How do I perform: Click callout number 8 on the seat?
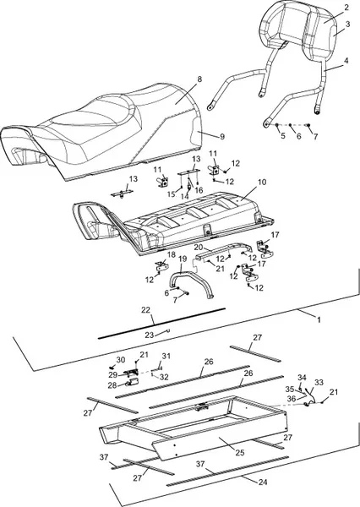pyautogui.click(x=199, y=79)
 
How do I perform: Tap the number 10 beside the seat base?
pyautogui.click(x=262, y=183)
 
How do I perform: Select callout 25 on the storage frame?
pyautogui.click(x=240, y=453)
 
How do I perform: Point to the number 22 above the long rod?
pyautogui.click(x=146, y=310)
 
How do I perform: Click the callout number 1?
pyautogui.click(x=319, y=319)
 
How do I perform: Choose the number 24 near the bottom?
pyautogui.click(x=263, y=482)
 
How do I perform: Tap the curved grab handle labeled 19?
pyautogui.click(x=191, y=284)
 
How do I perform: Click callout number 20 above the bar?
pyautogui.click(x=199, y=248)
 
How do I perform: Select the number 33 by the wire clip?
pyautogui.click(x=319, y=383)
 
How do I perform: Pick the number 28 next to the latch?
pyautogui.click(x=112, y=385)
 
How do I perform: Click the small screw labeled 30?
pyautogui.click(x=112, y=368)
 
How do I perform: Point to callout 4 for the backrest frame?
pyautogui.click(x=346, y=61)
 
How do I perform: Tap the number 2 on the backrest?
pyautogui.click(x=346, y=8)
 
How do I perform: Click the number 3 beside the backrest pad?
pyautogui.click(x=347, y=25)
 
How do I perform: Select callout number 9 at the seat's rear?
pyautogui.click(x=222, y=137)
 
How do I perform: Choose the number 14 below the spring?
pyautogui.click(x=185, y=196)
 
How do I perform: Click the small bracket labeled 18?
pyautogui.click(x=161, y=267)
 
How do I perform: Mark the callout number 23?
pyautogui.click(x=149, y=335)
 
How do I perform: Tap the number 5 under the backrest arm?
pyautogui.click(x=283, y=136)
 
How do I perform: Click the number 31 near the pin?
pyautogui.click(x=166, y=356)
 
